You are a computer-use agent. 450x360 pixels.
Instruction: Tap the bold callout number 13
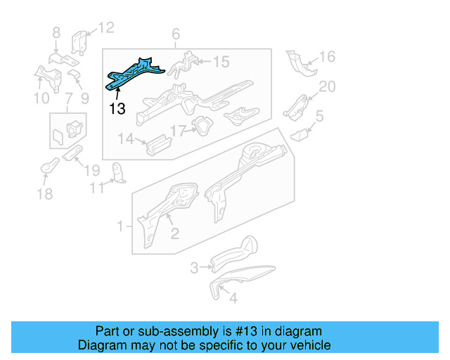point(117,108)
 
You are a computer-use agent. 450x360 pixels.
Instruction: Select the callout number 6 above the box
point(176,34)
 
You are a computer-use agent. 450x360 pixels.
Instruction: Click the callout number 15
point(221,63)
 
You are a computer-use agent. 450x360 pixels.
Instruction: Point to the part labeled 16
point(300,64)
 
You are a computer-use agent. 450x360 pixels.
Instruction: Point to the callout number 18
point(44,194)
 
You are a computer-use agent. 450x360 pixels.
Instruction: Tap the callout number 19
point(93,169)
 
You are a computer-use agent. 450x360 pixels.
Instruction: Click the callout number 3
point(194,267)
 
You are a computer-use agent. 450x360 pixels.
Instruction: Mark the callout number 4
point(233,298)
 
